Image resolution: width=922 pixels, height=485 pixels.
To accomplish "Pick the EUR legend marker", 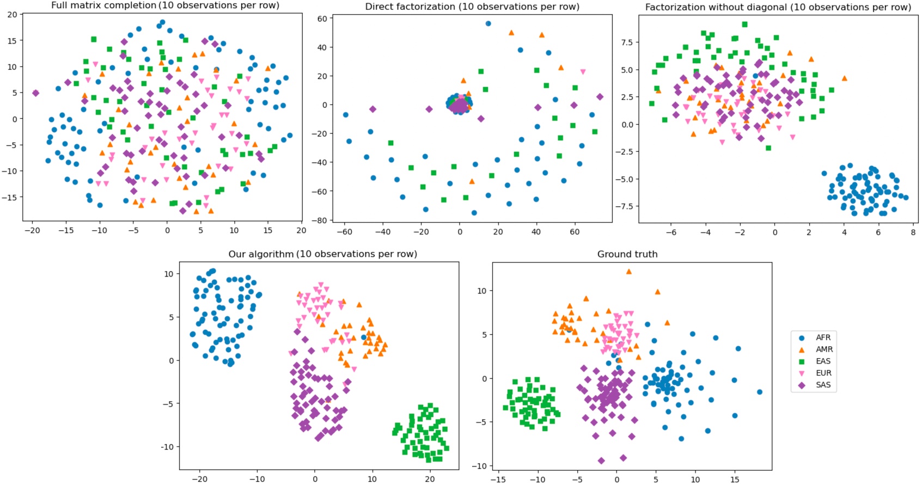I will click(802, 373).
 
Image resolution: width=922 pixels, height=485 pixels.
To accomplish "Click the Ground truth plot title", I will click(627, 254).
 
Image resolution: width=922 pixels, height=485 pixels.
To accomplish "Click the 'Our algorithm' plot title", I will click(322, 254).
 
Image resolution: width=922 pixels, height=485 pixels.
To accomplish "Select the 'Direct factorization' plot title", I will click(472, 7).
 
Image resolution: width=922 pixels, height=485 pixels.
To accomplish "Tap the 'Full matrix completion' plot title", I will click(165, 5).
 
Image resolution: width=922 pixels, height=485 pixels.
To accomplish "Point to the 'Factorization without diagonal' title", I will click(778, 7).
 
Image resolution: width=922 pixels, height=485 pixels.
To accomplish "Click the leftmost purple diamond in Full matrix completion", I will click(35, 93).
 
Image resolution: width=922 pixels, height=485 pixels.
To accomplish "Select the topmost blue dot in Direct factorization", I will click(488, 24).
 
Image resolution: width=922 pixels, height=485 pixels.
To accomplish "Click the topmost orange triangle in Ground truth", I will click(629, 271).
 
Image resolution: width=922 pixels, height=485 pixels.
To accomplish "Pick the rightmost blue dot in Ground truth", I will click(759, 392).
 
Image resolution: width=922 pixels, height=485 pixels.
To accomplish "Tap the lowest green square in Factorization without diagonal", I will click(768, 148).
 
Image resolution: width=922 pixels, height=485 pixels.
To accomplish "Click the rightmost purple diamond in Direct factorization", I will click(600, 97).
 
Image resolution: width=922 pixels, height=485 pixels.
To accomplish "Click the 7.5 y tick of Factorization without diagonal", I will click(626, 42).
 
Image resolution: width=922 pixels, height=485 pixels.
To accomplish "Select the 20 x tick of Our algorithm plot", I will click(430, 479).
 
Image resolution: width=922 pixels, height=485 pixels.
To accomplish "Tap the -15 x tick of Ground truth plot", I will click(498, 480).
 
